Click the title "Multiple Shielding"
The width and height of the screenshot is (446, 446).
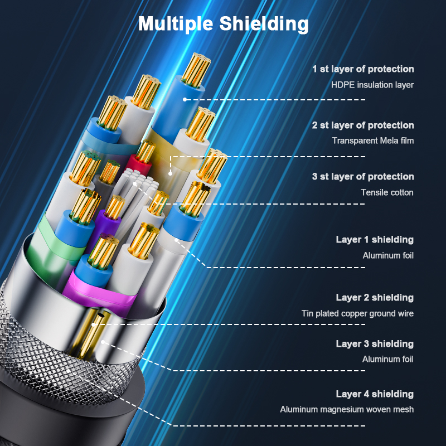coord(223,23)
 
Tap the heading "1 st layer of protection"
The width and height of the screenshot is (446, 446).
coord(363,69)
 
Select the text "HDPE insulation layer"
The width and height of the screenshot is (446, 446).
coord(372,85)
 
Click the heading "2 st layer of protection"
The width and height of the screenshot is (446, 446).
coord(363,125)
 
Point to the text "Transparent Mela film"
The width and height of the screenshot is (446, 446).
coord(373,140)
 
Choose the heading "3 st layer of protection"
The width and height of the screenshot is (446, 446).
coord(363,177)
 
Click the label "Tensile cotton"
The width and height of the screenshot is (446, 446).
coord(387,192)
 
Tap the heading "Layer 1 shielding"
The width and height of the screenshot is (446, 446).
coord(375,240)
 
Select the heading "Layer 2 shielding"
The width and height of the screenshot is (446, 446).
coord(375,298)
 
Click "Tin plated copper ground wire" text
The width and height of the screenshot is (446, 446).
coord(357,313)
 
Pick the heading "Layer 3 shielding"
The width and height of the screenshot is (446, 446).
coord(375,344)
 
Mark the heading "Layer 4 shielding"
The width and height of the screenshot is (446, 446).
coord(375,394)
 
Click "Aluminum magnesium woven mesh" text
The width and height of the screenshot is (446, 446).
coord(347,410)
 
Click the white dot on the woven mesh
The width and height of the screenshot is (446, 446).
coord(67,369)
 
